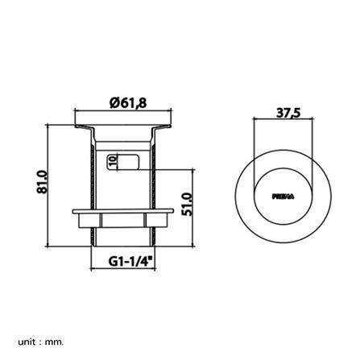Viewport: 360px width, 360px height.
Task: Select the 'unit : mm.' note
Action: click(41, 341)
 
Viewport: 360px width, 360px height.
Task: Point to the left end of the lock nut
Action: click(74, 213)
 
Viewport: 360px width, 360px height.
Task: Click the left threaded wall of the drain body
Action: click(93, 185)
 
